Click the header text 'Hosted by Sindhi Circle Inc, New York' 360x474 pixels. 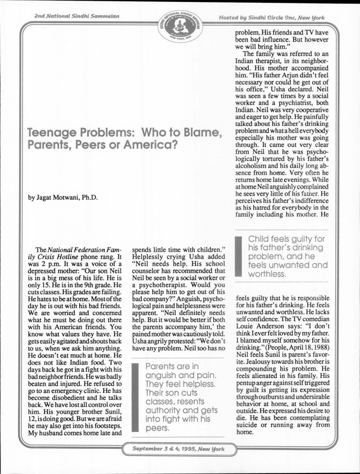click(x=271, y=17)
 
